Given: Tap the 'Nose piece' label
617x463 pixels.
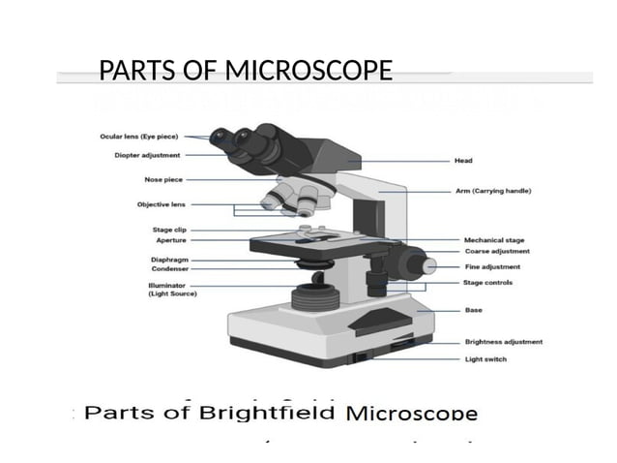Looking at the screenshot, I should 161,179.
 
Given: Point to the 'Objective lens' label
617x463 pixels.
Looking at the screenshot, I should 161,204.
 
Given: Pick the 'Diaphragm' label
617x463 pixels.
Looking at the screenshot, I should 168,260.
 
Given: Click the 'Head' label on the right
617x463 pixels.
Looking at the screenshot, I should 463,160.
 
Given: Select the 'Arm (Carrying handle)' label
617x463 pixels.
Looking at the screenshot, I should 499,191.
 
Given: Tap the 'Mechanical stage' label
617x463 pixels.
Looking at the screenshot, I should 494,239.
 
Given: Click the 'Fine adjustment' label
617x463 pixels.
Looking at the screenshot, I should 492,266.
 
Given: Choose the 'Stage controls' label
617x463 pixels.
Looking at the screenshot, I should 488,283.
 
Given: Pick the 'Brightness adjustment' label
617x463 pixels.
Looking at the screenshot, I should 503,342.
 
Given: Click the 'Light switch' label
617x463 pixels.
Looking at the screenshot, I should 485,359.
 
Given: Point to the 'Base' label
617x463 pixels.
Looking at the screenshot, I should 473,310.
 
